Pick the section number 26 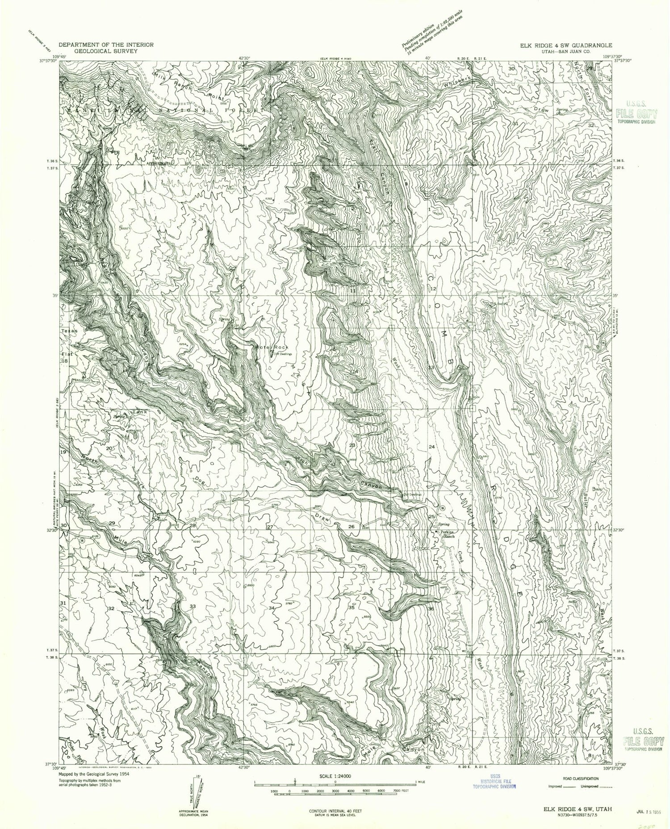(352, 527)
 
